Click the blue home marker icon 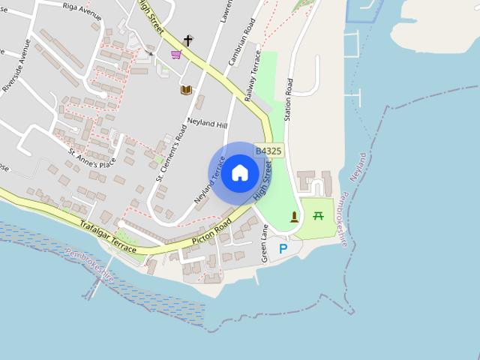point(239,173)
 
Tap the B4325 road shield point(268,151)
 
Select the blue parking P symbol point(283,248)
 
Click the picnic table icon point(318,217)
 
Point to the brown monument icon point(294,217)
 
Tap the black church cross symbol point(187,40)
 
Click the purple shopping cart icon point(176,55)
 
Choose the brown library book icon point(186,90)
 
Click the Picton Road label point(211,232)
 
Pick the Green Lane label point(265,244)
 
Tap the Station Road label point(287,100)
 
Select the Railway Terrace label point(253,76)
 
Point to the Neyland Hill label point(206,124)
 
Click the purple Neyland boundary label point(360,166)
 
